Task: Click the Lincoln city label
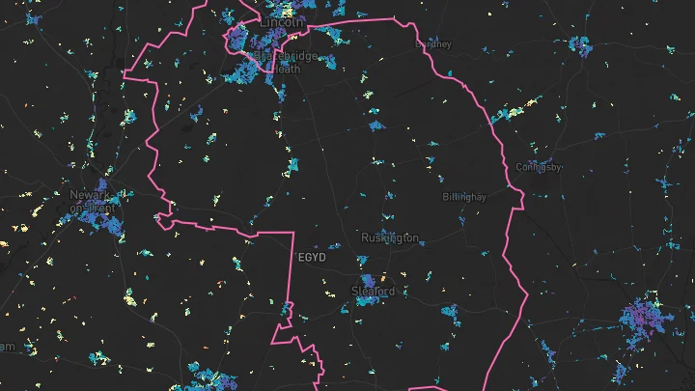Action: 283,21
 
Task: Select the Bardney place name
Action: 432,43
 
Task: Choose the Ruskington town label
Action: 390,237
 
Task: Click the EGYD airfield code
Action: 312,259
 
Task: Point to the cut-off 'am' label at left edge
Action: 8,346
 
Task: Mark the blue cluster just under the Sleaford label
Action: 368,301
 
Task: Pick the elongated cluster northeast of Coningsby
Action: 517,108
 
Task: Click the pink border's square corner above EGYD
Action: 291,234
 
